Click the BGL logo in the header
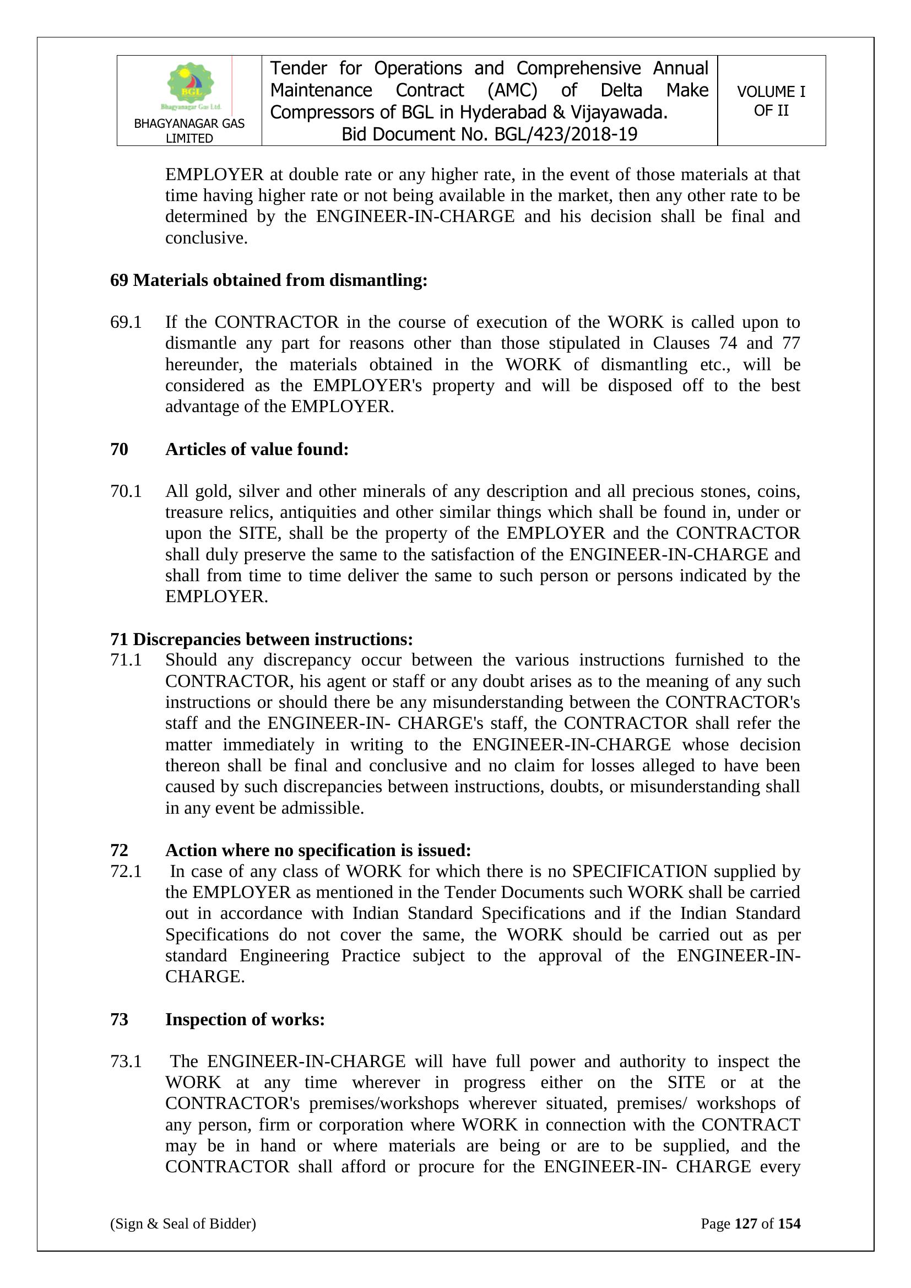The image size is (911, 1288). coord(191,85)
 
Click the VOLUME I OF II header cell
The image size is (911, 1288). coord(771,101)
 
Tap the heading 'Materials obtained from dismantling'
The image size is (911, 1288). coord(280,280)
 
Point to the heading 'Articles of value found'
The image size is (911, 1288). coord(257,450)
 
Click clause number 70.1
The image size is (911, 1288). coord(126,491)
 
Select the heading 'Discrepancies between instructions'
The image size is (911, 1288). coord(273,639)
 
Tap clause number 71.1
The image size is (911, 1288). coord(126,660)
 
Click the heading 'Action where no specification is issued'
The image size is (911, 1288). coord(318,850)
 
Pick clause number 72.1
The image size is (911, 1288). coord(126,871)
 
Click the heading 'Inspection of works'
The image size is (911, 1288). coord(245,1019)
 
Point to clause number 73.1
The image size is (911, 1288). coord(126,1062)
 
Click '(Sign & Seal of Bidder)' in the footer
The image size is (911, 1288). coord(183,1224)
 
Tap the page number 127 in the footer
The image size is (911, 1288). coord(746,1224)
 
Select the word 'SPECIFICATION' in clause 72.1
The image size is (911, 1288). coord(639,871)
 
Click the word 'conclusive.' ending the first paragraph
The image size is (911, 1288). coord(207,238)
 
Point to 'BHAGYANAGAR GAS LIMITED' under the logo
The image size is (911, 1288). coord(189,131)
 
